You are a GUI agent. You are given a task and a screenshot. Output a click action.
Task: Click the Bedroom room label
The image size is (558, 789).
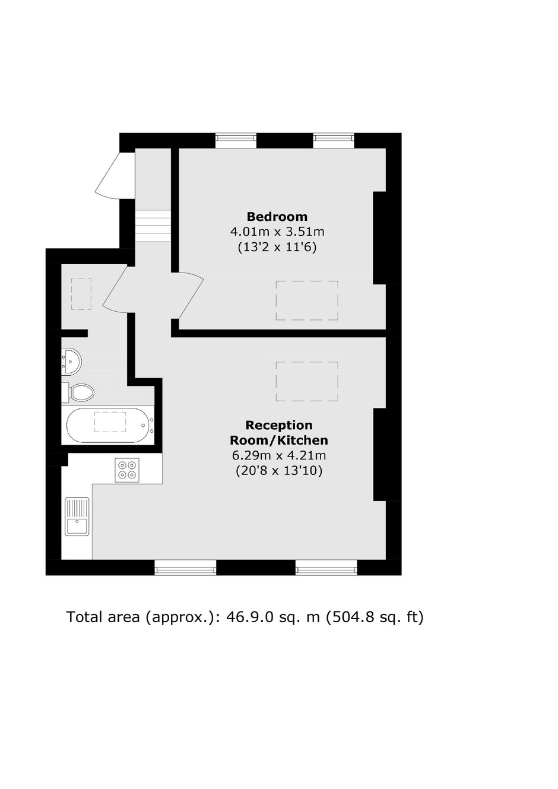coord(277,216)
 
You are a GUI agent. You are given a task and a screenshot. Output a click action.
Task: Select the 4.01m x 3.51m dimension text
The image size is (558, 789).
coord(277,232)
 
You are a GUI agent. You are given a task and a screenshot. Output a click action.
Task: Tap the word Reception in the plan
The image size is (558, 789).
coord(278,425)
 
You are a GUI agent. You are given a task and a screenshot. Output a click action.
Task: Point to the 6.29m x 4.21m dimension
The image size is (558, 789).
coord(278,455)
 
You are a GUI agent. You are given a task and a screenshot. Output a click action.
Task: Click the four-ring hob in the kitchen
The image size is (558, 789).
coord(127,470)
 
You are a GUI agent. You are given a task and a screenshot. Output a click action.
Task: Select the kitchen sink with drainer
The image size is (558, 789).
coord(77,517)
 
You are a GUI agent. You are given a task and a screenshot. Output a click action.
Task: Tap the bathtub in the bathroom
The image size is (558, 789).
coord(110,425)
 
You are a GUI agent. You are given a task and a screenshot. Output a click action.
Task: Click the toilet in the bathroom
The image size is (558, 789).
coord(78,392)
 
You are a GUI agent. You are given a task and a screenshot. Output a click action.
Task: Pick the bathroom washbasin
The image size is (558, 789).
coord(71,361)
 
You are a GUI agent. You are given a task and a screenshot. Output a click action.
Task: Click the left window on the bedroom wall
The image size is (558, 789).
coord(236,141)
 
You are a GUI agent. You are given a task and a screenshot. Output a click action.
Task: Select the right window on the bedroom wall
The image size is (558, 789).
coord(334,141)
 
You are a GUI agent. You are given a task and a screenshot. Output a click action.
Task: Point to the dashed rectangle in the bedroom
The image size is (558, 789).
coord(307,300)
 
